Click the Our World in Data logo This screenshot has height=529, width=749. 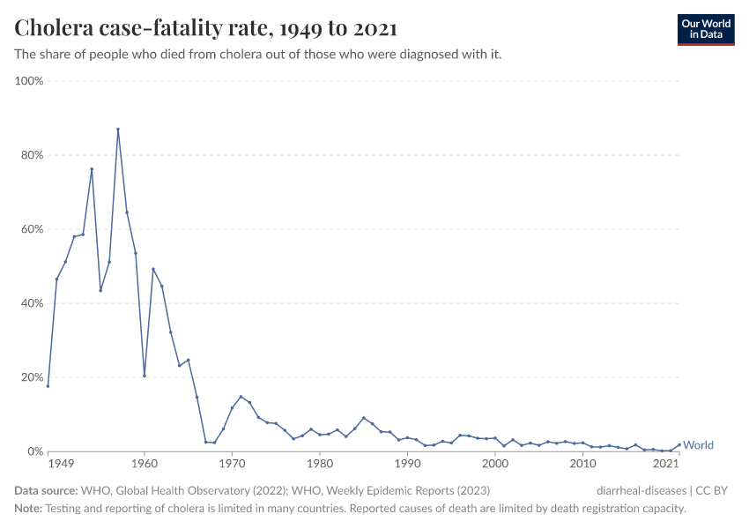coord(705,29)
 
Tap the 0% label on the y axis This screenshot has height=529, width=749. coord(34,451)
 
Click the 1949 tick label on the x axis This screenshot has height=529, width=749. coord(61,464)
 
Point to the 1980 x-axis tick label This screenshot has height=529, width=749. coord(319,464)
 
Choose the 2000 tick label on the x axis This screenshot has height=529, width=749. coord(494,464)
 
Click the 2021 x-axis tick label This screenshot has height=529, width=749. coord(666,464)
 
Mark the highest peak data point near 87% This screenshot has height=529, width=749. coord(118,130)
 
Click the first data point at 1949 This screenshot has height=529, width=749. coord(48,385)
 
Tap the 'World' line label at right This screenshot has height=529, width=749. coord(698,445)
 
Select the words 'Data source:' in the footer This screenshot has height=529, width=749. coord(46,490)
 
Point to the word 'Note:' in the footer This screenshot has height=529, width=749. coord(28,509)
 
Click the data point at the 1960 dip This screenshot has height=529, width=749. coord(145,376)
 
